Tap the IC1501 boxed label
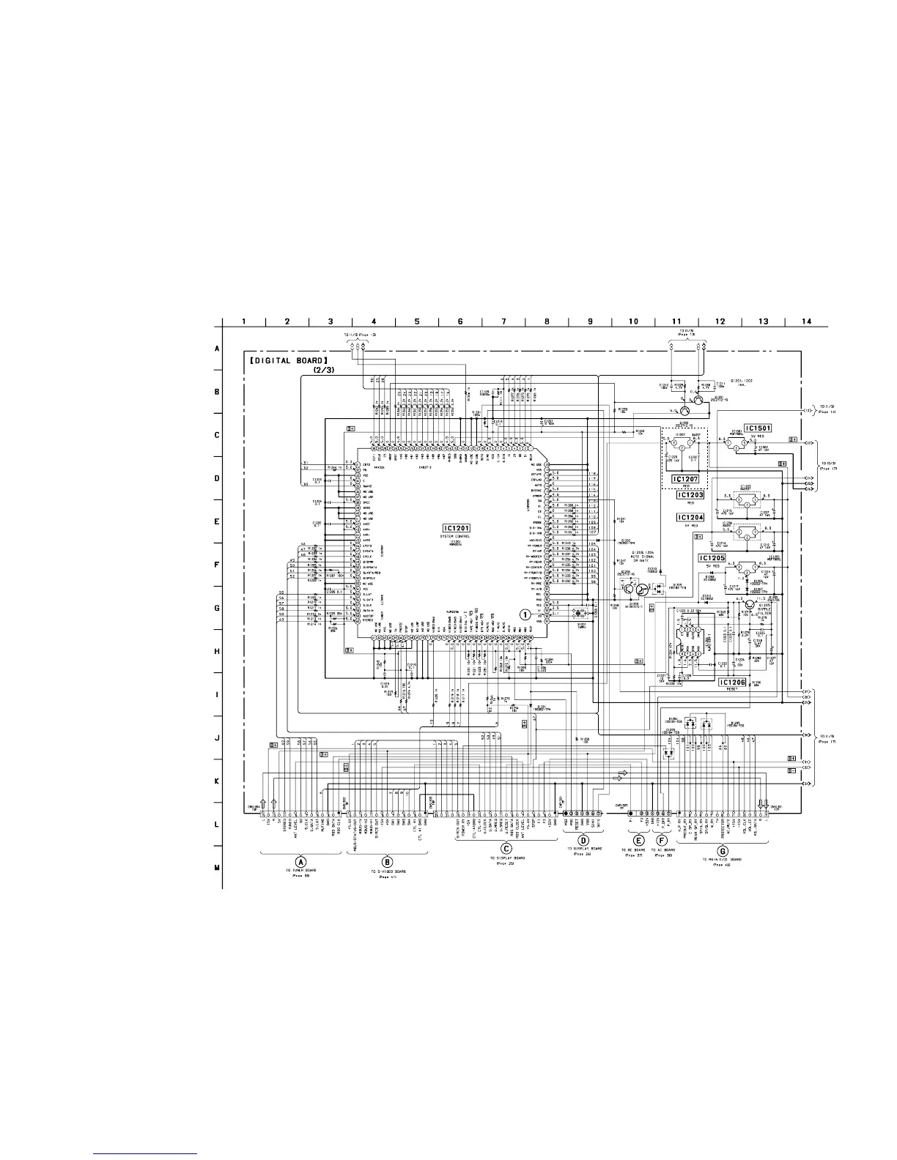(x=760, y=428)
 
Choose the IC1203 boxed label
(x=690, y=495)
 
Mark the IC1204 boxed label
(x=690, y=517)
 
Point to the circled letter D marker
(x=584, y=840)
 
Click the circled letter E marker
(x=639, y=840)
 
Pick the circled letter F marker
(x=662, y=840)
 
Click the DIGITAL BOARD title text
(x=287, y=360)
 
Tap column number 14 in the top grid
(x=807, y=321)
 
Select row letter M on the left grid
(x=216, y=869)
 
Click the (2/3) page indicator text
(x=323, y=371)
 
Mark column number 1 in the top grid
(x=244, y=321)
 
